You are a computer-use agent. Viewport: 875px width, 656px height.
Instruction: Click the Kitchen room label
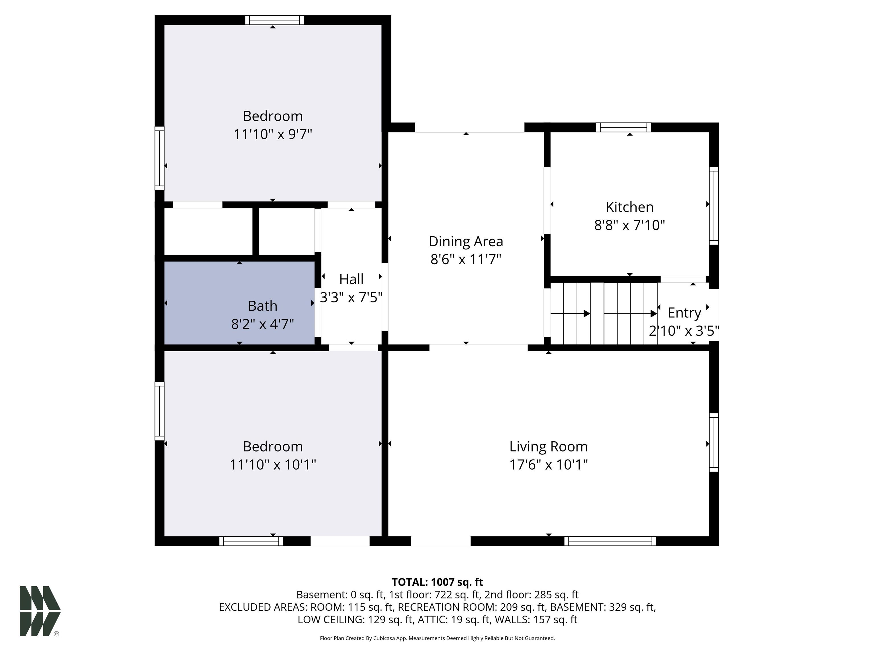pos(629,207)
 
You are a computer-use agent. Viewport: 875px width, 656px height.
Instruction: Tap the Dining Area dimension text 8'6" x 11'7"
pos(466,259)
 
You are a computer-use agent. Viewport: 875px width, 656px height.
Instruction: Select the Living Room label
pos(548,447)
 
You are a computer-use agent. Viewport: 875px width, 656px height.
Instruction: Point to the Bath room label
pos(263,306)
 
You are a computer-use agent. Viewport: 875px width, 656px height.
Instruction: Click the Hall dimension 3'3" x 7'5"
pos(351,297)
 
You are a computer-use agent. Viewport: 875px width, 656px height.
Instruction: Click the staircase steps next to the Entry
pos(604,313)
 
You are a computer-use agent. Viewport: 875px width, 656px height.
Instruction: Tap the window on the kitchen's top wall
pos(623,127)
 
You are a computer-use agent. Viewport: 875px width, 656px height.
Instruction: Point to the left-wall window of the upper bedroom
pos(160,158)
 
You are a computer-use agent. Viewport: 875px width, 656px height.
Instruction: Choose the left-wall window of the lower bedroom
pos(160,411)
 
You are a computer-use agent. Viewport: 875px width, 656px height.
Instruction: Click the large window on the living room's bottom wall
pos(610,541)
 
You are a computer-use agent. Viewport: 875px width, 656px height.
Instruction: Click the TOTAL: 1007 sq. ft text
pos(437,582)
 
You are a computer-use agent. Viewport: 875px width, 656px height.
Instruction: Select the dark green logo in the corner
pos(40,611)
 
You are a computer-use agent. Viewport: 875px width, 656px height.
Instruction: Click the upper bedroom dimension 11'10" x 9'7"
pos(273,134)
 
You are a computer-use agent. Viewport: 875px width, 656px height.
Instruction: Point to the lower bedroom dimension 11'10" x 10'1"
pos(273,464)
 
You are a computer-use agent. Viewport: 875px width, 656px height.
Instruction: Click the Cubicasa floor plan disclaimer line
pos(437,638)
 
